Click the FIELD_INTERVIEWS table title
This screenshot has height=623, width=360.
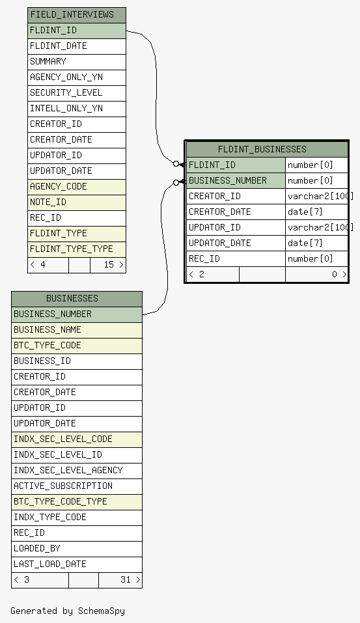[72, 15]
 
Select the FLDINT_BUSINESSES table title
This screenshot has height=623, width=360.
[262, 149]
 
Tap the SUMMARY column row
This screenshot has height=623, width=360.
[77, 62]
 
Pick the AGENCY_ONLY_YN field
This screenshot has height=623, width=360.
[77, 77]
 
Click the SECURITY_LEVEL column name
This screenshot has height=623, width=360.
[66, 92]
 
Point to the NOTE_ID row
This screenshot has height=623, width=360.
[77, 202]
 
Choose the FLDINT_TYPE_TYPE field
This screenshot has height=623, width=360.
[77, 249]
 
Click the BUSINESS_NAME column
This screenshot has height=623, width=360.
[77, 330]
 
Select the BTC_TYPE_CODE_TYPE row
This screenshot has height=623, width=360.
[77, 502]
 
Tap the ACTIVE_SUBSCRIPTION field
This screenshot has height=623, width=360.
[77, 486]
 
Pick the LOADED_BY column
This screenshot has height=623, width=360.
[77, 549]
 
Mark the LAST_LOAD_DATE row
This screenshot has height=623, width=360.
[77, 564]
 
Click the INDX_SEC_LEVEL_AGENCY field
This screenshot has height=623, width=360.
[77, 471]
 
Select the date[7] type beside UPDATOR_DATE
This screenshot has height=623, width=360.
[305, 243]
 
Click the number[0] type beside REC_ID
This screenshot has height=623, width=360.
[311, 258]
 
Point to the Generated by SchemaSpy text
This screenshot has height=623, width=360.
[68, 611]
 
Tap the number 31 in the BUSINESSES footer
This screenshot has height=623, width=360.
[126, 579]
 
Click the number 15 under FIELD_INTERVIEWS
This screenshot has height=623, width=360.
[109, 264]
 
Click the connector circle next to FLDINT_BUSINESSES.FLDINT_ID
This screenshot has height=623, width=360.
[176, 163]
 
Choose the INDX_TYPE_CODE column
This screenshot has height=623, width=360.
[77, 518]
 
